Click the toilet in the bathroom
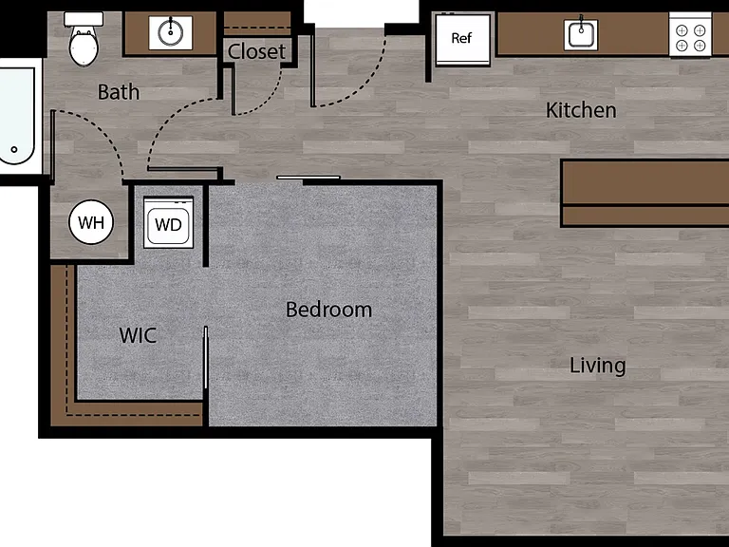84,39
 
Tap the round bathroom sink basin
170,32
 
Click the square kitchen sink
581,34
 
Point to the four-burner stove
690,36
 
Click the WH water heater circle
91,222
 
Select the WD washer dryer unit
168,222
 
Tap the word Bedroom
328,310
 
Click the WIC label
138,335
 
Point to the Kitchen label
581,110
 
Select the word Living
597,366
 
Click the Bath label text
119,92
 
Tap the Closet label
256,51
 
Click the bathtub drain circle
14,149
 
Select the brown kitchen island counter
645,193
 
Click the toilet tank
84,19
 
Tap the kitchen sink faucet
581,23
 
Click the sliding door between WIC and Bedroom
205,357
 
